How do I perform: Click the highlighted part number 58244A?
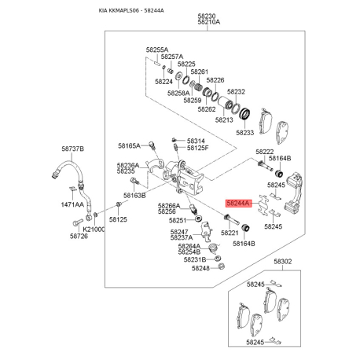pos(238,203)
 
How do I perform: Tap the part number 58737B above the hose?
pos(73,149)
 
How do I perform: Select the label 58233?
pos(245,133)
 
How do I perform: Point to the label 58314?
pos(196,141)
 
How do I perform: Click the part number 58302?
pos(283,262)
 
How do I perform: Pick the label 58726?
pos(79,237)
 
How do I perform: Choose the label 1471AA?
pos(72,204)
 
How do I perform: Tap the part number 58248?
pos(200,268)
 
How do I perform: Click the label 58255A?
pos(157,50)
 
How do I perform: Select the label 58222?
pos(265,152)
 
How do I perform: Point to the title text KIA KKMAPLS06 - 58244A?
pos(131,11)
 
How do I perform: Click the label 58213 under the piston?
pos(224,120)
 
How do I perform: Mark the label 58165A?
pos(129,145)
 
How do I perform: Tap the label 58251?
pos(178,220)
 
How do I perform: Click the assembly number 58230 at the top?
pos(207,17)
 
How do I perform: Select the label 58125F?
pos(198,148)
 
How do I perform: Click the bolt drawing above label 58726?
pos(76,223)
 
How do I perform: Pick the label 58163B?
pos(134,196)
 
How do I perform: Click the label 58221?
pos(230,233)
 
